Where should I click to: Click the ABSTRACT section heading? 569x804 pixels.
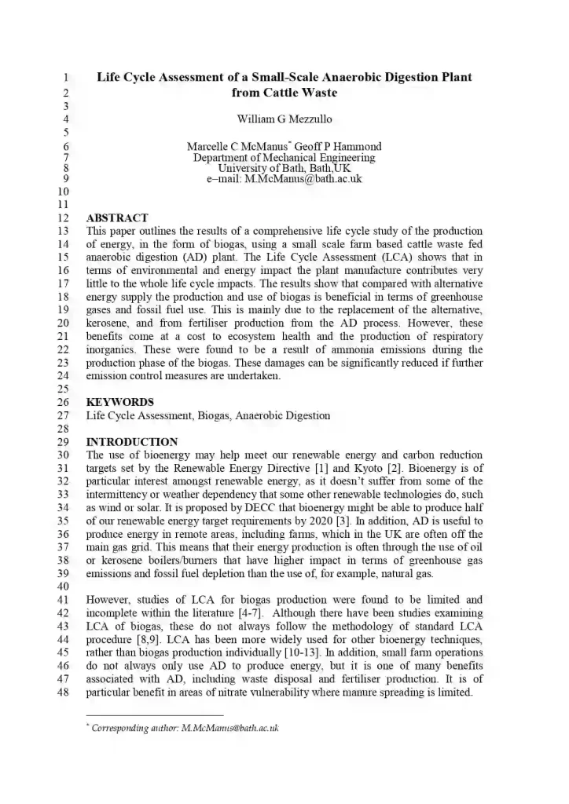(x=116, y=218)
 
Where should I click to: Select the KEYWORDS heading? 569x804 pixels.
(x=119, y=402)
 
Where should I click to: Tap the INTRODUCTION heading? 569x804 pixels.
(x=131, y=442)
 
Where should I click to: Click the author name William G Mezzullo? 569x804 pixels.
(x=284, y=119)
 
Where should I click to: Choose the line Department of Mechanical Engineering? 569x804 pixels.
(x=284, y=157)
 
